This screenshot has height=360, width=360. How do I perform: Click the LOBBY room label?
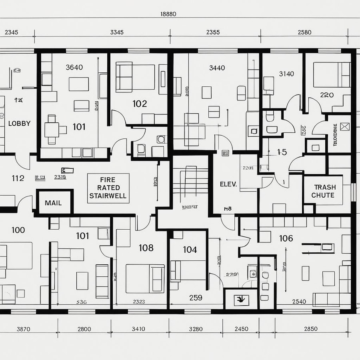[x=19, y=124]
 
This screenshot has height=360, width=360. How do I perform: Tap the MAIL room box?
[x=53, y=203]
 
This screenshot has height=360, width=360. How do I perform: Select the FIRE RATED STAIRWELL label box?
[x=108, y=188]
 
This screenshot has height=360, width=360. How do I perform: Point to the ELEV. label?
[x=228, y=184]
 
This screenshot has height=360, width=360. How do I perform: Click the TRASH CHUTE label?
[x=325, y=191]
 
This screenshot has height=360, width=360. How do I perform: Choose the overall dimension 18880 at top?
[x=168, y=14]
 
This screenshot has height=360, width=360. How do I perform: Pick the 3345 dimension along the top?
[x=117, y=32]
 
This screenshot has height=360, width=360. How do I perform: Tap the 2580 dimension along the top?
[x=304, y=32]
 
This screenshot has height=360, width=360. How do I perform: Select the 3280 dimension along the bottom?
[x=195, y=329]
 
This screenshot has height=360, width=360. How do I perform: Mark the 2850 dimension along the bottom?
[x=310, y=329]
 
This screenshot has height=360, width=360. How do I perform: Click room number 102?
[x=140, y=104]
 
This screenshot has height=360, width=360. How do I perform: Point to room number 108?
[x=146, y=248]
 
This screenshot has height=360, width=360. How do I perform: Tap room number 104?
[x=190, y=250]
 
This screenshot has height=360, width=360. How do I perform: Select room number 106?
[x=286, y=238]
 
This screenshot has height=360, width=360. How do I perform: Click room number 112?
[x=18, y=178]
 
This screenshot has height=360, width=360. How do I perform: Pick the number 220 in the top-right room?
[x=327, y=95]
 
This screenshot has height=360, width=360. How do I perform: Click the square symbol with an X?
[x=345, y=127]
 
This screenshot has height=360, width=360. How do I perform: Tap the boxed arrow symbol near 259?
[x=241, y=298]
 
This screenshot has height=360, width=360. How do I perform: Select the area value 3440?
[x=217, y=68]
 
